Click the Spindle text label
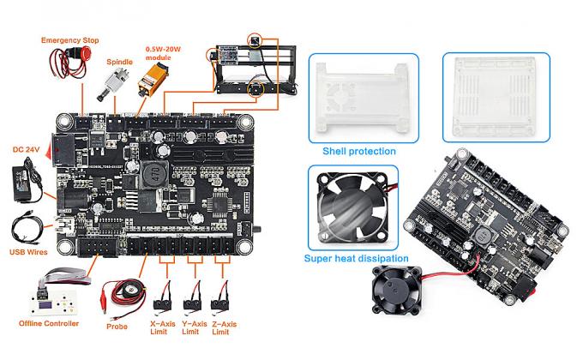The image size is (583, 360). pyautogui.click(x=120, y=62)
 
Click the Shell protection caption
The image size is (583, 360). pyautogui.click(x=358, y=151)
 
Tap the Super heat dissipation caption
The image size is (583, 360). pyautogui.click(x=357, y=258)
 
